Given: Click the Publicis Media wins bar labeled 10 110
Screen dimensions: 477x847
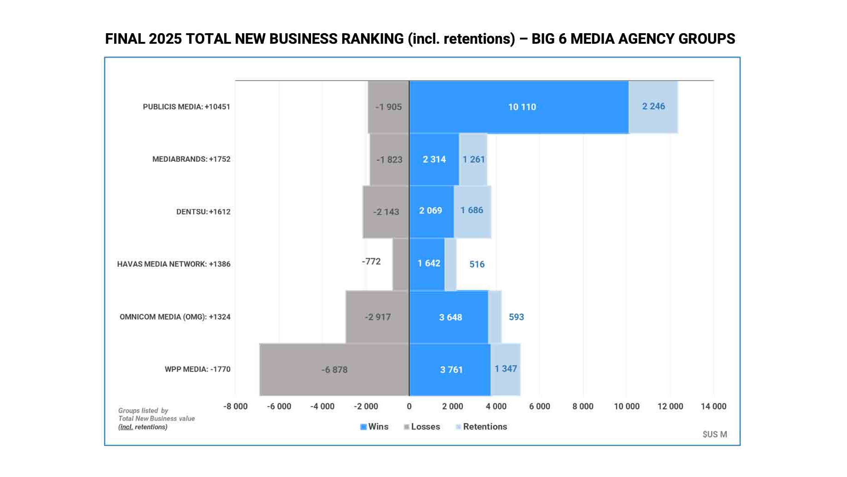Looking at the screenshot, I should click(519, 107).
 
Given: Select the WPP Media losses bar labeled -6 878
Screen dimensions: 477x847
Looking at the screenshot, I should click(334, 369).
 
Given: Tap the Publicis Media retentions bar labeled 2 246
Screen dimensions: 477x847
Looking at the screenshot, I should click(653, 106).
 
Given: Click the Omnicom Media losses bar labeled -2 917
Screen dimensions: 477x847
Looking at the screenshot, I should click(377, 317).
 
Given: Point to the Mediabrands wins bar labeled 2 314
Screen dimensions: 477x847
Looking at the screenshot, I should click(434, 159).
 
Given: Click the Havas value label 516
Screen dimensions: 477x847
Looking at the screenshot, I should click(477, 264).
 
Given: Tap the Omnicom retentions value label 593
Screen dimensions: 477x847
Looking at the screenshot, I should click(516, 317).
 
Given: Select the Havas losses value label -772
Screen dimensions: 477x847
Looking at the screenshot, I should click(371, 262).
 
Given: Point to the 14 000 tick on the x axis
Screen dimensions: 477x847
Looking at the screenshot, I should click(713, 407).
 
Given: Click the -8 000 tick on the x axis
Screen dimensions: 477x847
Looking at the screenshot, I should click(235, 407).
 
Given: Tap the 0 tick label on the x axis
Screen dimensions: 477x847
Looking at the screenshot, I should click(409, 407).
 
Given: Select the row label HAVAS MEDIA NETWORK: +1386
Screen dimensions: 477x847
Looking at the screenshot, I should click(173, 264).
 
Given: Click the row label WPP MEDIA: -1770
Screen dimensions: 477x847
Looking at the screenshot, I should click(197, 369).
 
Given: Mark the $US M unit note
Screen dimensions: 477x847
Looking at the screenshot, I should click(714, 434).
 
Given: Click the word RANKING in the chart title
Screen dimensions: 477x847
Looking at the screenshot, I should click(372, 39).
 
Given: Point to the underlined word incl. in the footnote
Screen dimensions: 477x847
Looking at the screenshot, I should click(126, 427).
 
